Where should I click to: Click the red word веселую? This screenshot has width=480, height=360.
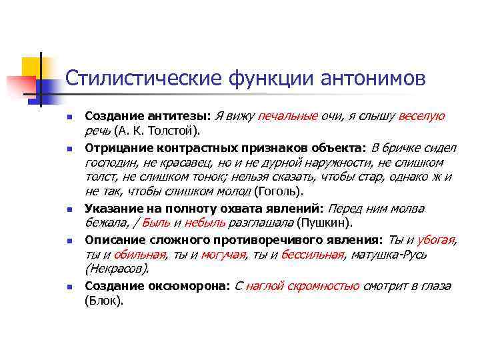pos(421,117)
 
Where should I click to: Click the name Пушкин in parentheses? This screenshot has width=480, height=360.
pos(325,223)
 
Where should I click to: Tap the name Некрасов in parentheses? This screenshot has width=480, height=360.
pos(117,269)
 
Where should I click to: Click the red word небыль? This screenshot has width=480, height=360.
pos(204,223)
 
